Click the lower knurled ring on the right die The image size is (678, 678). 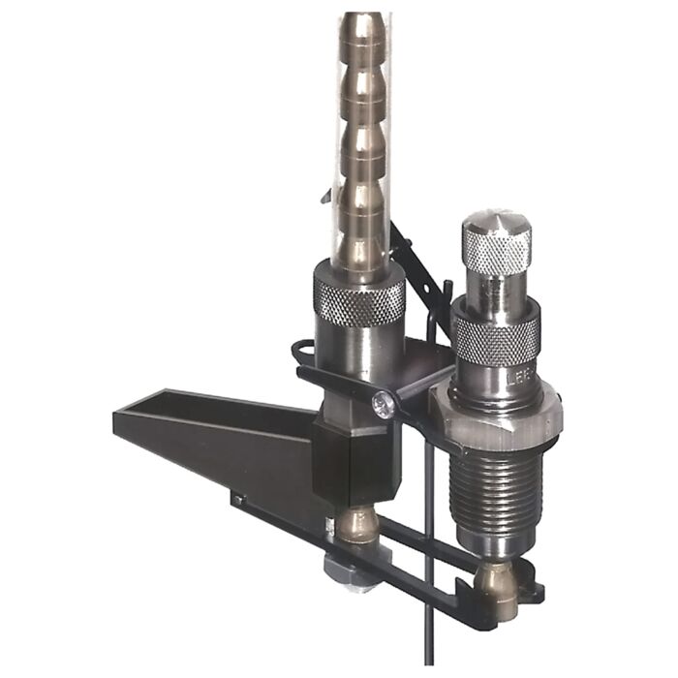coord(496,337)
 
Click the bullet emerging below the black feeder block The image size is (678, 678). coord(357,523)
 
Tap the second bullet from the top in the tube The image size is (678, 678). coord(360,92)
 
